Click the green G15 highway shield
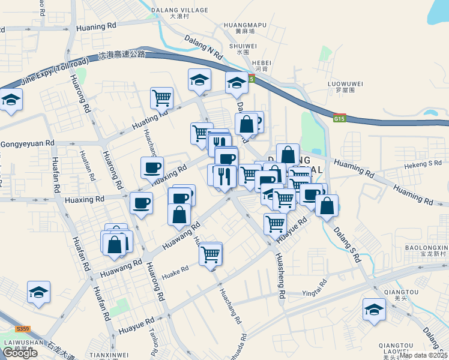pos(340,119)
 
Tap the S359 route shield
pos(23,329)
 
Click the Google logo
pos(20,353)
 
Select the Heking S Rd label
pos(423,163)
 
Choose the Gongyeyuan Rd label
pos(28,144)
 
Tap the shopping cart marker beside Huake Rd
pos(211,254)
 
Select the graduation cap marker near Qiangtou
pos(374,310)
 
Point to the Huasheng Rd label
pos(279,275)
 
